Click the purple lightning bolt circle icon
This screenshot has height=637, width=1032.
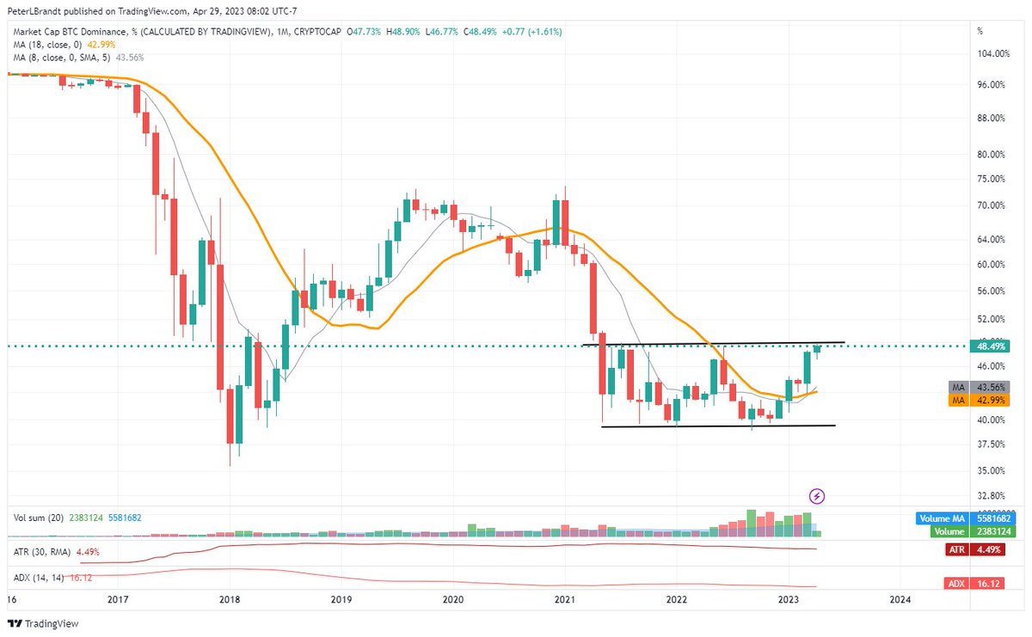point(818,495)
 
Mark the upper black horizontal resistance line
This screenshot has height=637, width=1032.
point(714,344)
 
